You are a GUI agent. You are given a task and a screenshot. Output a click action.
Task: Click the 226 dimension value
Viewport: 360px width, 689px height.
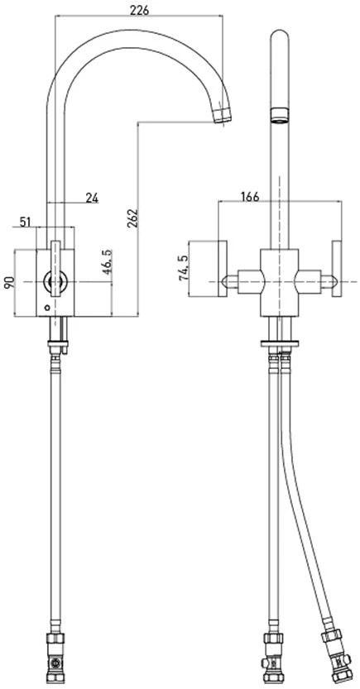(x=139, y=10)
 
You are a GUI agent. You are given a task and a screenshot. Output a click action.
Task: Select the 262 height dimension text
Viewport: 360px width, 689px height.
(x=132, y=218)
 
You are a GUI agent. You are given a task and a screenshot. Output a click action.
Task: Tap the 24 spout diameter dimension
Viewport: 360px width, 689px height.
(x=92, y=198)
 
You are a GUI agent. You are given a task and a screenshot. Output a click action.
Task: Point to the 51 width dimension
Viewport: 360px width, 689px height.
(x=26, y=222)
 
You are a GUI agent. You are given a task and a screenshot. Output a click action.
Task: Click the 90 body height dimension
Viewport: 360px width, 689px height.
(x=8, y=283)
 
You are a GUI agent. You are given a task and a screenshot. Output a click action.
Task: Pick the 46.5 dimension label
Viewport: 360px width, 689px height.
(x=108, y=262)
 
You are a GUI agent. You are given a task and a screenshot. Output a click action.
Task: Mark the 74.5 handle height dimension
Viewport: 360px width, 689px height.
(x=185, y=268)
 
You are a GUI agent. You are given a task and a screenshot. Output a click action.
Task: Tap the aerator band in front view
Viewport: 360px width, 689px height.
(x=280, y=115)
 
